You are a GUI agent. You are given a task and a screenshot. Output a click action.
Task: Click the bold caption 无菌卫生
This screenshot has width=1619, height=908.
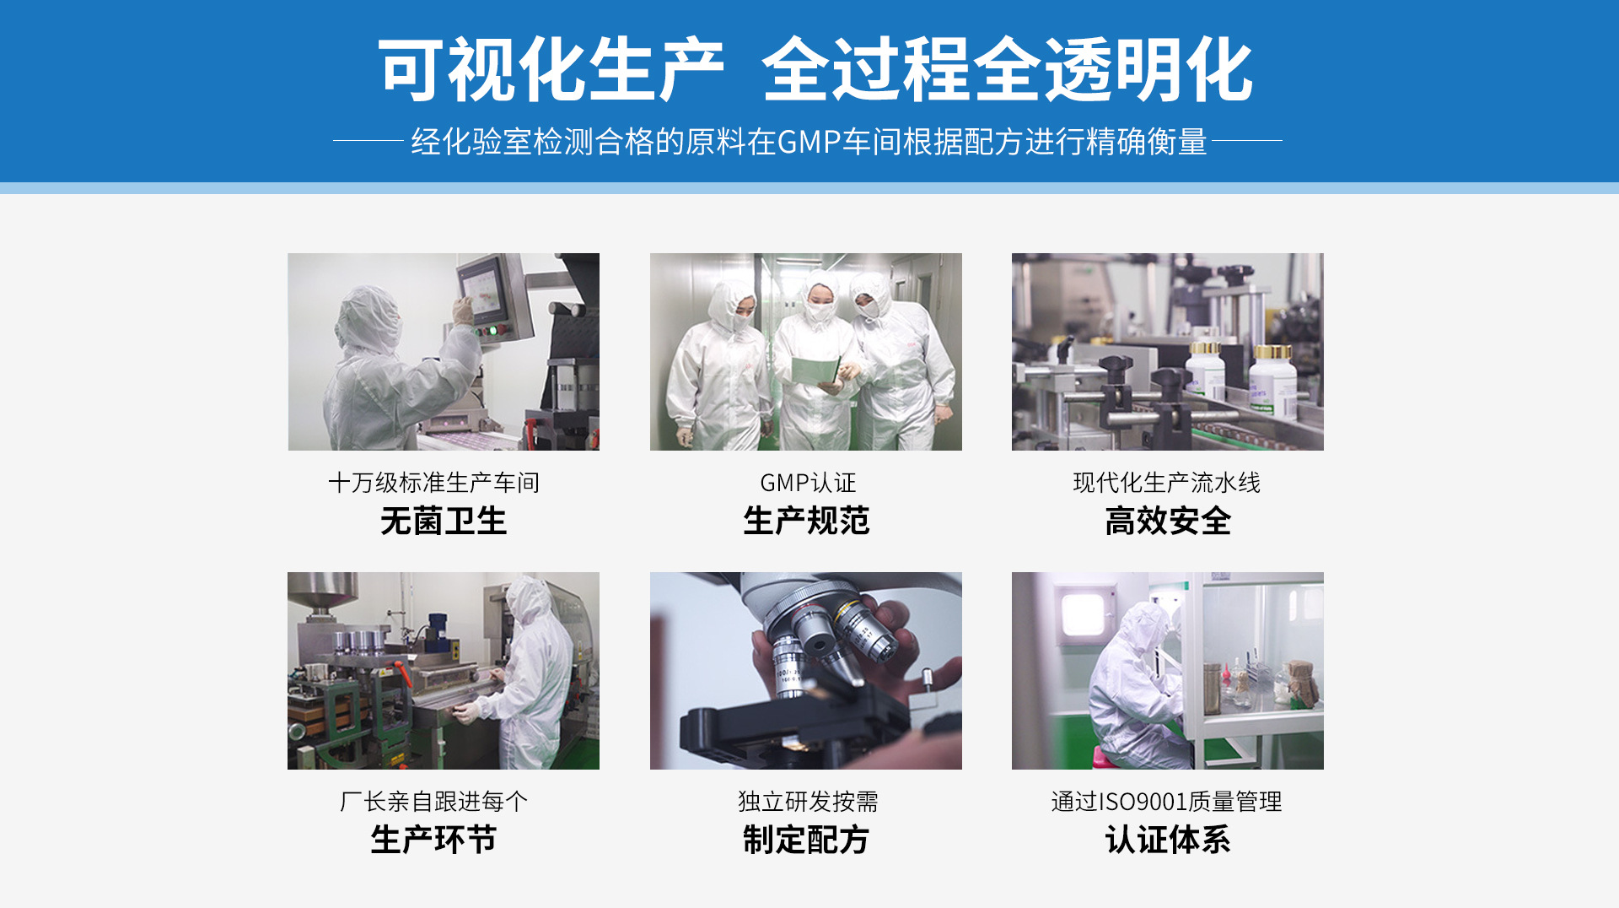(444, 521)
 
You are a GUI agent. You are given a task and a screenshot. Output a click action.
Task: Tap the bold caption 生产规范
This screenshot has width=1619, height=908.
(806, 521)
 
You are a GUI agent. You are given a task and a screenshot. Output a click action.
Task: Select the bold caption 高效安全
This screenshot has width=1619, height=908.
(1168, 521)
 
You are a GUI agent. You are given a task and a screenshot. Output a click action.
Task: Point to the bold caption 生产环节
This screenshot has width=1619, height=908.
(433, 840)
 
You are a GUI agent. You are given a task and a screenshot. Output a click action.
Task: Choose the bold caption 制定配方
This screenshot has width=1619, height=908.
(806, 840)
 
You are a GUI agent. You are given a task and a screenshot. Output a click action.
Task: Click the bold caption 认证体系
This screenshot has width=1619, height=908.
(1168, 840)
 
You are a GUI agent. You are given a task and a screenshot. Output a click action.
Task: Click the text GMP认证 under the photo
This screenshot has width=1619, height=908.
(808, 483)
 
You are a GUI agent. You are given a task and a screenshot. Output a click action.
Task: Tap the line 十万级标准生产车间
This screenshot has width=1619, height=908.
(433, 483)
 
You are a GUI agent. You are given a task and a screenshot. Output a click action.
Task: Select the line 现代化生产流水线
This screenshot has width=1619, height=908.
(1167, 483)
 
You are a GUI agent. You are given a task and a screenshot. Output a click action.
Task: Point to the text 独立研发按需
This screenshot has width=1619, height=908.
(808, 801)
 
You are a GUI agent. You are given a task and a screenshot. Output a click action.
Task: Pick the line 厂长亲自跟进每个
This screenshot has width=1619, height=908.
(433, 801)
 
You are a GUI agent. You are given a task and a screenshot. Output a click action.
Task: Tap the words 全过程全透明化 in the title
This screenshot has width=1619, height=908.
(1008, 70)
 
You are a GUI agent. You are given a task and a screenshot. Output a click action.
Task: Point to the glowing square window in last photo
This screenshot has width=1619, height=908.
(1084, 614)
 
